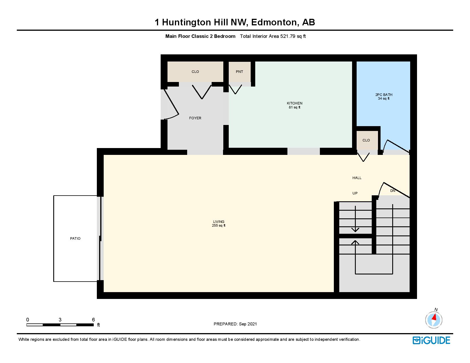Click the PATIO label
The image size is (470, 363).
point(75,239)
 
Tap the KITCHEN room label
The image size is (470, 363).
point(295,103)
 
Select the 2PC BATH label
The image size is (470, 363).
point(384,95)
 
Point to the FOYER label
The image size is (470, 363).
point(195,118)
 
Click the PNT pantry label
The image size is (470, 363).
point(239,72)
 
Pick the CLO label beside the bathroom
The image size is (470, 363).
point(366,140)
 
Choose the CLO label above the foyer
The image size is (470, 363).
point(195,72)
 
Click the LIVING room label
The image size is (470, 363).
point(219,222)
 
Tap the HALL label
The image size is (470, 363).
point(357,178)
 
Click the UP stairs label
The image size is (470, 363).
point(355,193)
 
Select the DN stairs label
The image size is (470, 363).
point(393,191)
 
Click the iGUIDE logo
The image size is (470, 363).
point(431,340)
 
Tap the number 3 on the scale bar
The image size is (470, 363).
point(60,320)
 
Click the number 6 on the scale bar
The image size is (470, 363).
point(93,320)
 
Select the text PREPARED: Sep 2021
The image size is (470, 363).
point(235,324)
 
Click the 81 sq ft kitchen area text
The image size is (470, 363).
point(295,108)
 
